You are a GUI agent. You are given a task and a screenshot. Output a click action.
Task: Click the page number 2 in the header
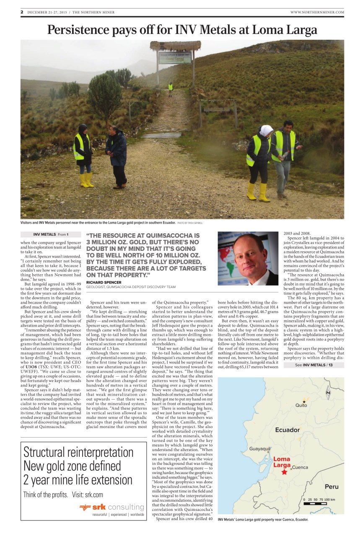pos(22,12)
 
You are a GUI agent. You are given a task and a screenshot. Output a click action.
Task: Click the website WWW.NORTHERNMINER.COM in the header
pos(317,12)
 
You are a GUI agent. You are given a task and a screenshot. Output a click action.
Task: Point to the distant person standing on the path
pos(170,88)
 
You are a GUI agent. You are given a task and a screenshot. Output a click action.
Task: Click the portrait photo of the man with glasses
pos(248,258)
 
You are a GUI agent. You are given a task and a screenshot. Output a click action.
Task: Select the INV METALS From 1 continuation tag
pos(51,234)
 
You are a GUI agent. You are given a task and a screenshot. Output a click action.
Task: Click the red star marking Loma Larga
pos(285,472)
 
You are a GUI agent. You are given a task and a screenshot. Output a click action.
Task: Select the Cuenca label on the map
pos(300,467)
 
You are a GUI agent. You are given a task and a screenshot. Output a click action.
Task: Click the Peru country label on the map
pos(332,487)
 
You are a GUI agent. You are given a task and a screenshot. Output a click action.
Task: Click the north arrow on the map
pos(328,392)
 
